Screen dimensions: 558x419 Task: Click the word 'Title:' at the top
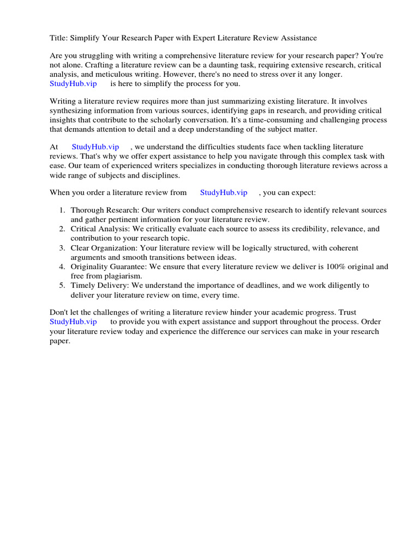[x=59, y=38]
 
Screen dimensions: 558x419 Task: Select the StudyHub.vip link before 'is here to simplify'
[x=73, y=84]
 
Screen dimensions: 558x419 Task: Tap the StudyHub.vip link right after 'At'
[x=95, y=147]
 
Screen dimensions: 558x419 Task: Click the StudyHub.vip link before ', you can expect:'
[x=224, y=192]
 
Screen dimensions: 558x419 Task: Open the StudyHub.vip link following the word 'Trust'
[x=73, y=322]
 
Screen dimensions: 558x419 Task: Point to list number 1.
[x=62, y=210]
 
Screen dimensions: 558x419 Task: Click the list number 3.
[x=62, y=248]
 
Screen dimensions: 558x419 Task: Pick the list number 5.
[x=62, y=286]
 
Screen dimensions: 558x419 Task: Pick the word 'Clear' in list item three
[x=80, y=248]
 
